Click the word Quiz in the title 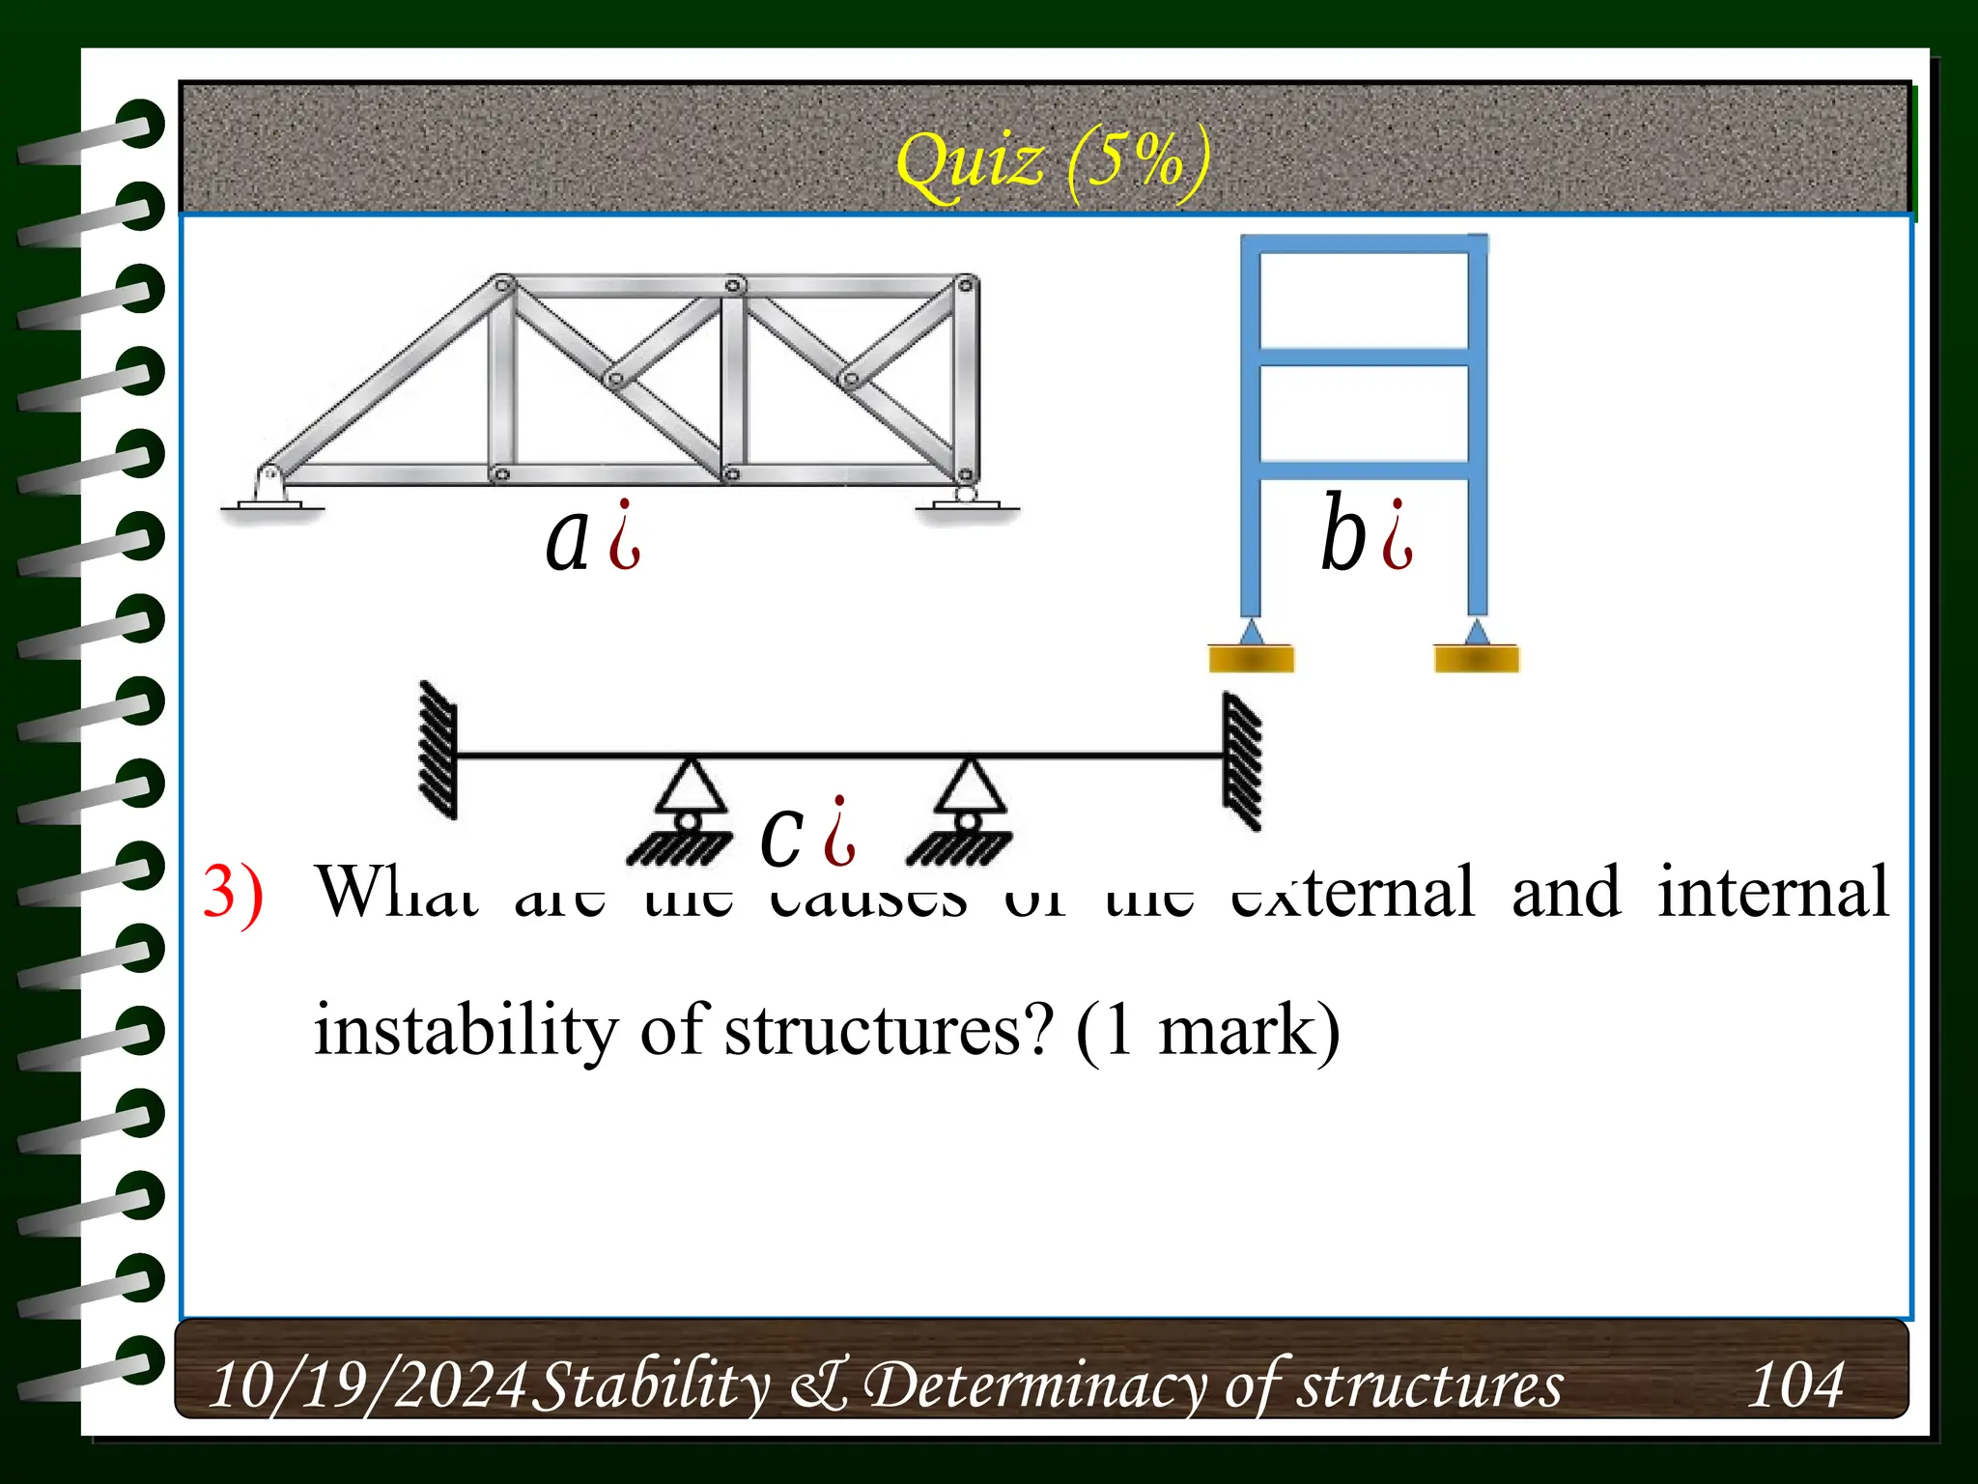970,161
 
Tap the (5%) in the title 1138,161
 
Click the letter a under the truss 568,539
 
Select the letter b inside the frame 1342,533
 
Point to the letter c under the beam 781,833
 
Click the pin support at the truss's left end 270,490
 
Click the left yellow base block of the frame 1251,659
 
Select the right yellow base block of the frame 1476,659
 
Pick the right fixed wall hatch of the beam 1242,760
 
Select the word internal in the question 1772,892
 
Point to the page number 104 1795,1384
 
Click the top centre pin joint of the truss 734,286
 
